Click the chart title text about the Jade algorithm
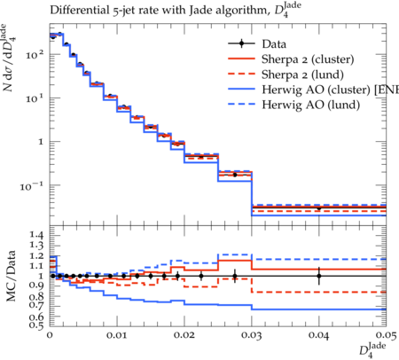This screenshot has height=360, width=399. [176, 10]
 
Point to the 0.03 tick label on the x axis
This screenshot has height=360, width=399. [252, 335]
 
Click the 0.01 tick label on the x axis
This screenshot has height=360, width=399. [117, 335]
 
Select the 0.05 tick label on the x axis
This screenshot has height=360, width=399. [386, 335]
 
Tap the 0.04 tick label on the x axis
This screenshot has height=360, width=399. [318, 335]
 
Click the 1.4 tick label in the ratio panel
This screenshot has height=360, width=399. [36, 235]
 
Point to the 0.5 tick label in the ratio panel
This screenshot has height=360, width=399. [36, 325]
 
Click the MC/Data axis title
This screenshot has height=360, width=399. [11, 276]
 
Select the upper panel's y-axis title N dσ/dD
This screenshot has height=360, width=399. [9, 58]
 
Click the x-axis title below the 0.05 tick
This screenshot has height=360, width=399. [372, 350]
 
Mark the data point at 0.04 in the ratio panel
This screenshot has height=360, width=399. [319, 276]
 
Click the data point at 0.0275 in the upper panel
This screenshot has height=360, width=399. [235, 175]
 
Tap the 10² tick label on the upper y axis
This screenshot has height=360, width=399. [35, 54]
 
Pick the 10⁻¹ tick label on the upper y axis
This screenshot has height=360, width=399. [32, 186]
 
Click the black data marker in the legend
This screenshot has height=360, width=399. [241, 43]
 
